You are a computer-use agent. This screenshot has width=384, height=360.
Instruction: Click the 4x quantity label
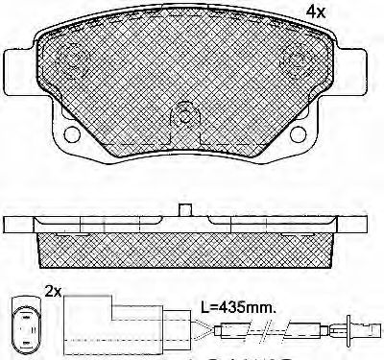click(316, 12)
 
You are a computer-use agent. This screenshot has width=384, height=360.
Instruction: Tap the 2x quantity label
click(53, 292)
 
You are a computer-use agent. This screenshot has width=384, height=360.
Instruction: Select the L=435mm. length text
click(238, 308)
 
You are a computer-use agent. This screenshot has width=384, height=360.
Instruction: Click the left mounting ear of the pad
click(18, 71)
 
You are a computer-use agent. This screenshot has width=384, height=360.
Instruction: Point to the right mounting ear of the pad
click(351, 71)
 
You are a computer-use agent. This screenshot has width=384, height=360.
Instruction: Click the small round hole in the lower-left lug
click(71, 133)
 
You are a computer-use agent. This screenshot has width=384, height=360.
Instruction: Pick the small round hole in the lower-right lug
click(299, 133)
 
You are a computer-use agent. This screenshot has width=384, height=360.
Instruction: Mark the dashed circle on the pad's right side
click(296, 62)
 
